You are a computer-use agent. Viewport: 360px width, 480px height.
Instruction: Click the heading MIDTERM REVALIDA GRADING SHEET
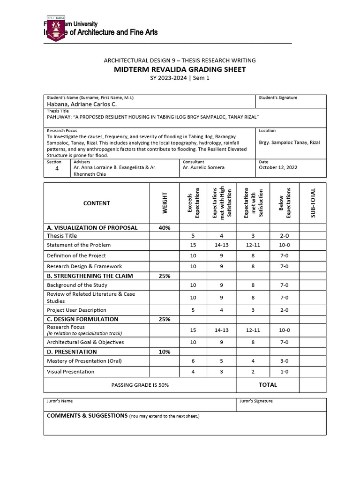coord(180,69)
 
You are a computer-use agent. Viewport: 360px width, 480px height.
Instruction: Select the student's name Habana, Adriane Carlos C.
coord(82,104)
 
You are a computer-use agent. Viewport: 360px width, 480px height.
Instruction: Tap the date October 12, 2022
coord(278,167)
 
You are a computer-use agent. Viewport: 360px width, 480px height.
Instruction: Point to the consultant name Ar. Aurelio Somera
coord(203,167)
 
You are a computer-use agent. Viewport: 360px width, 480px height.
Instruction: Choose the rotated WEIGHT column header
coord(165,203)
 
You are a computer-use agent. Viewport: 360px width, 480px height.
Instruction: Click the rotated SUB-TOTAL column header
coord(313,202)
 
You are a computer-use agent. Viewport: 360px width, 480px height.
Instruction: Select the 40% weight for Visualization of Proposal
coord(164,228)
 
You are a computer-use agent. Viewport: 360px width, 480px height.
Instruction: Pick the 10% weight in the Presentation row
coord(164,352)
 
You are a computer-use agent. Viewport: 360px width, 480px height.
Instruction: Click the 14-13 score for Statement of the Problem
coord(221,245)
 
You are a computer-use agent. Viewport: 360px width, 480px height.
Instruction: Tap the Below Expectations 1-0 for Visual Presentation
coord(285,372)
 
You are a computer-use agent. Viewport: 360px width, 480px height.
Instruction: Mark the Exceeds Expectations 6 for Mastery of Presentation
coord(193,361)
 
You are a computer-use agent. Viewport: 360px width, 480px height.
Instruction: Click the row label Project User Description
coord(76,310)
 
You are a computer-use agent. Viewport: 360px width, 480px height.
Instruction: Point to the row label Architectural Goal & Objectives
coord(85,342)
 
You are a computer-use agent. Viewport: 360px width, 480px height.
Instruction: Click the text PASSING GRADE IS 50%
coord(140,385)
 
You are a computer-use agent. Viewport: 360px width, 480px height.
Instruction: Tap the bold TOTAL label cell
coord(268,385)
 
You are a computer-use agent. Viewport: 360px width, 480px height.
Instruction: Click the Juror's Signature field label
coord(256,401)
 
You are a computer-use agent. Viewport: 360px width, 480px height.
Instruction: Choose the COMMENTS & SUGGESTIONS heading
coord(87,416)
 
